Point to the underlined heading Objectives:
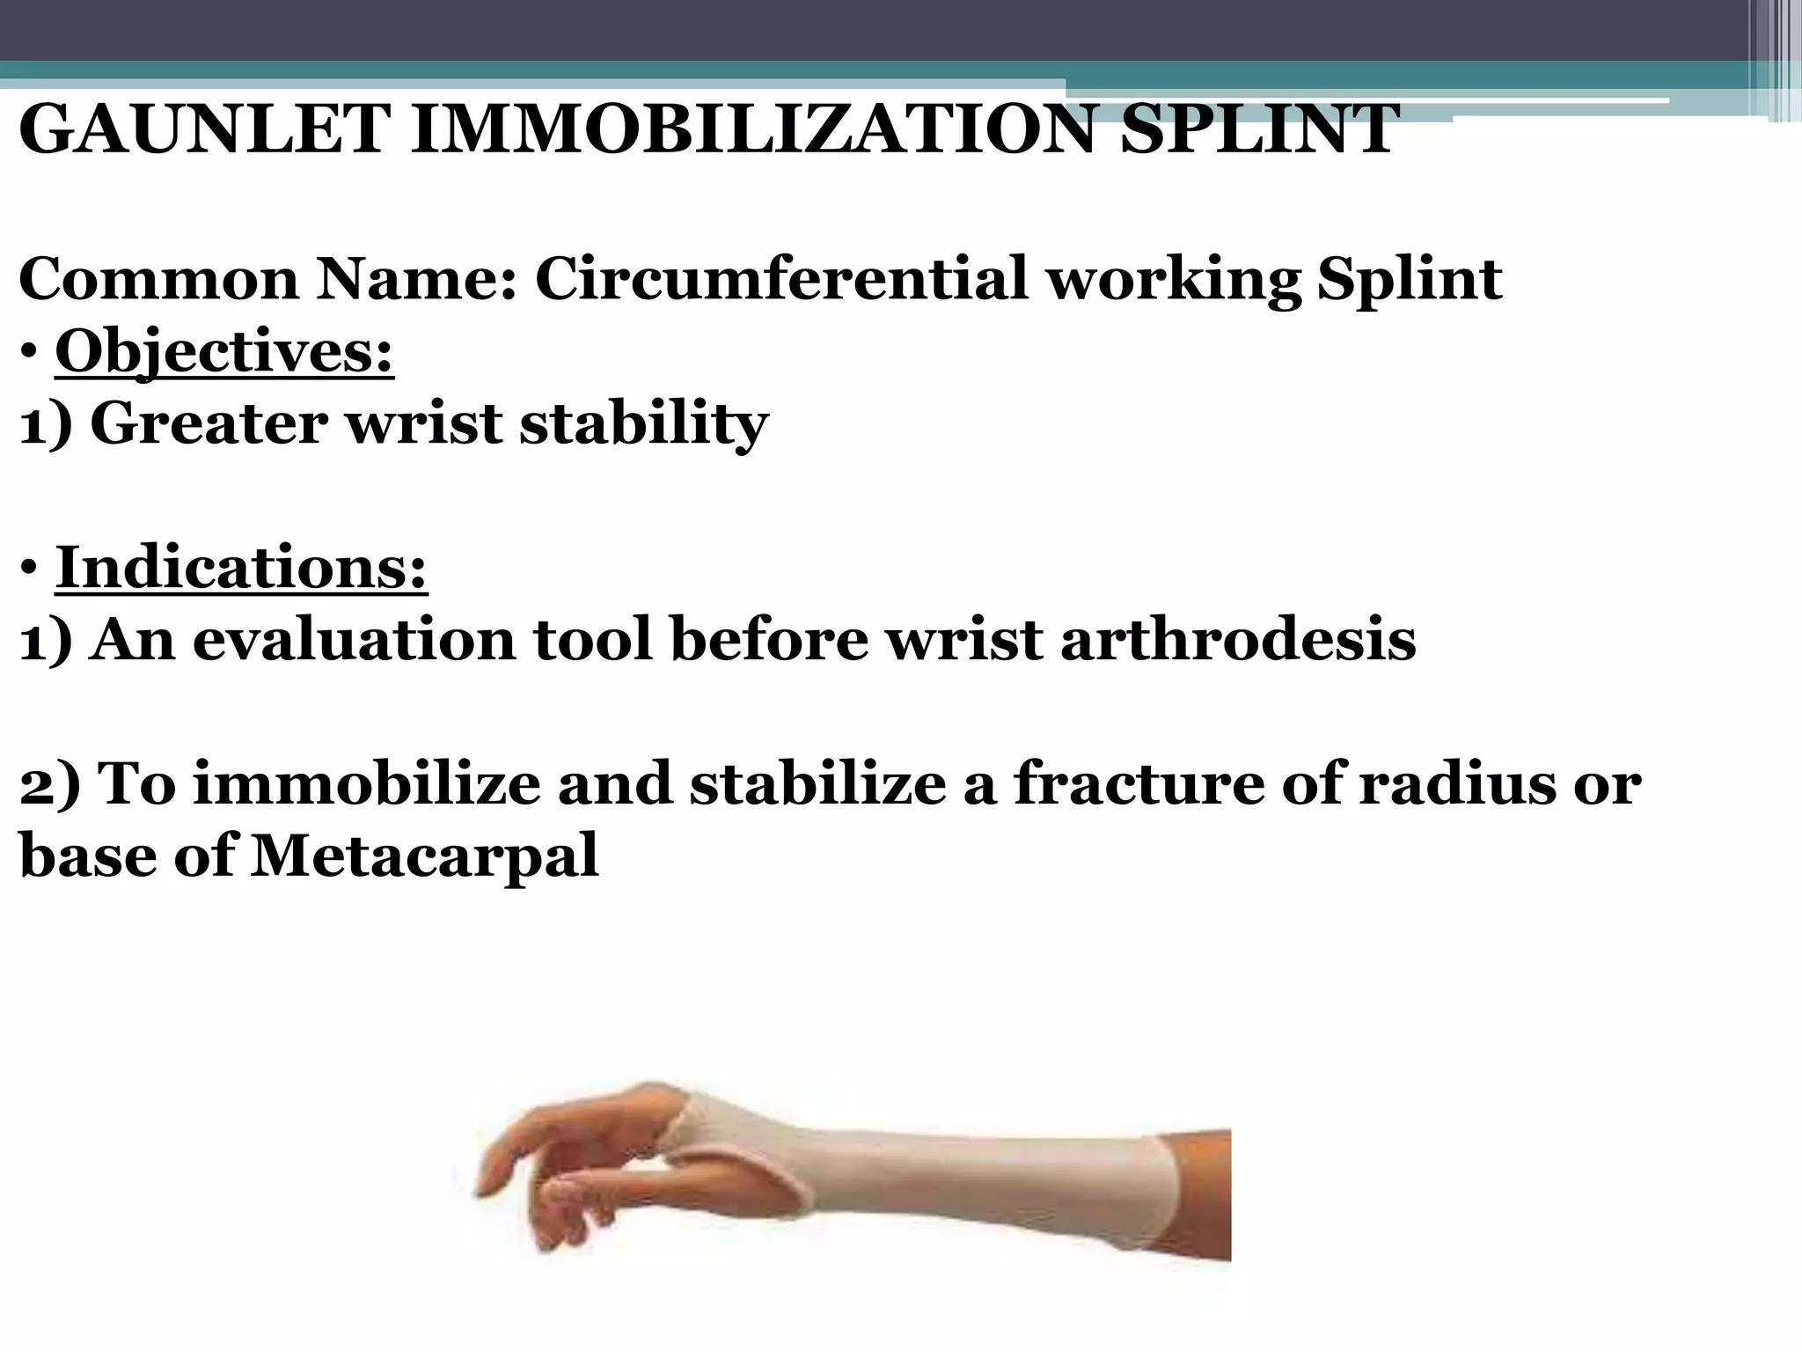point(224,352)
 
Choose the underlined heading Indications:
point(241,568)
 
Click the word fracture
point(1136,783)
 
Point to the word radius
point(1461,783)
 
